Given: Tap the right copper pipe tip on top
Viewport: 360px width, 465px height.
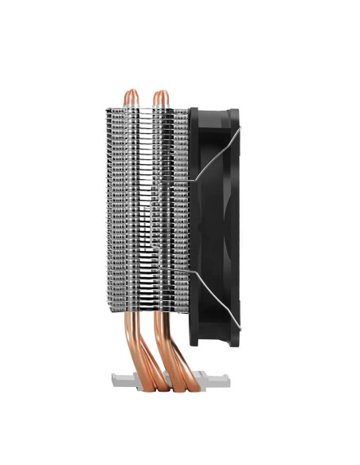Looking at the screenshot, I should pos(160,95).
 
